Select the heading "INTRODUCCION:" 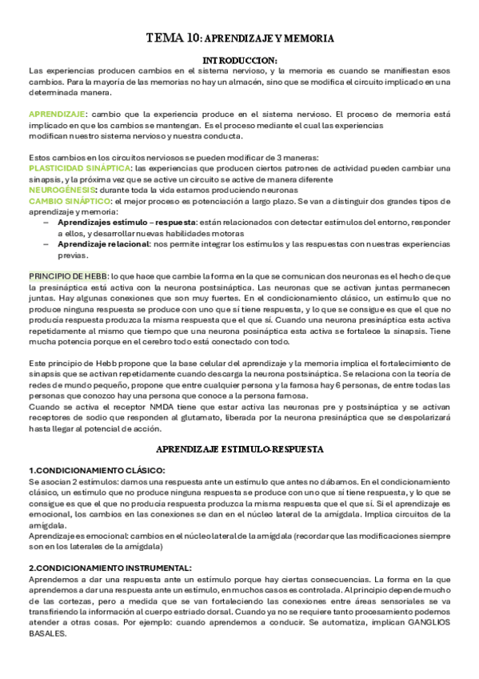pyautogui.click(x=240, y=60)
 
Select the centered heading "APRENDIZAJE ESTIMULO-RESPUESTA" pyautogui.click(x=239, y=450)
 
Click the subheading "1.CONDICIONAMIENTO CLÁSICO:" pyautogui.click(x=86, y=469)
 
